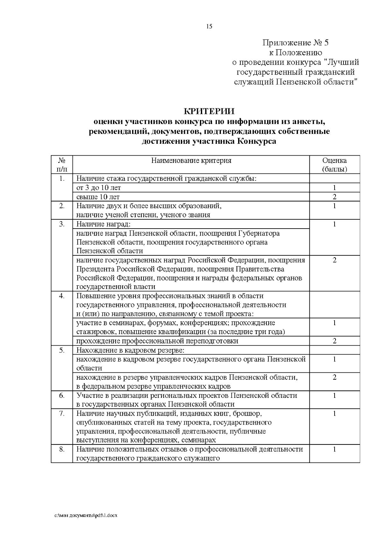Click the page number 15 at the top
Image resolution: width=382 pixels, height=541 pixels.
pos(209,26)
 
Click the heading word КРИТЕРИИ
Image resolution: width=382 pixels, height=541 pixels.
pos(209,112)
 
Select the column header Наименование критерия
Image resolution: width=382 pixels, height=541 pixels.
pos(191,160)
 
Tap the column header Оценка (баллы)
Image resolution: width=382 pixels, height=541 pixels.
pos(334,164)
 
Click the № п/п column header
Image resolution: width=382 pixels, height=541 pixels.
pos(62,164)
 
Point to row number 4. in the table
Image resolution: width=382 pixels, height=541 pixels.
pos(62,296)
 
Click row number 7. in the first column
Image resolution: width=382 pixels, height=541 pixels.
pos(62,413)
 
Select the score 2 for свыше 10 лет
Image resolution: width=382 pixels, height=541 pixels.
pos(334,197)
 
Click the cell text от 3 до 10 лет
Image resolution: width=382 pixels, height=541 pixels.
pos(99,188)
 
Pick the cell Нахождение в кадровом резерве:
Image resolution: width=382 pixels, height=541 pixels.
pos(131,350)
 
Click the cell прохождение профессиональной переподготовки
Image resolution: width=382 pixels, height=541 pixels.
pos(157,341)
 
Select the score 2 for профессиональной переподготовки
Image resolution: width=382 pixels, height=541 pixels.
pos(334,341)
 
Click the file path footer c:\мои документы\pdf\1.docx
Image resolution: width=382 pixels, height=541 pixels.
pos(86,515)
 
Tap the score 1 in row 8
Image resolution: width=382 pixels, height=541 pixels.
pos(334,450)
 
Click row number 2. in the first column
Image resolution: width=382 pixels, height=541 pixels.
pos(62,206)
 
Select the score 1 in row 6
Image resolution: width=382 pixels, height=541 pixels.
pos(334,396)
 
